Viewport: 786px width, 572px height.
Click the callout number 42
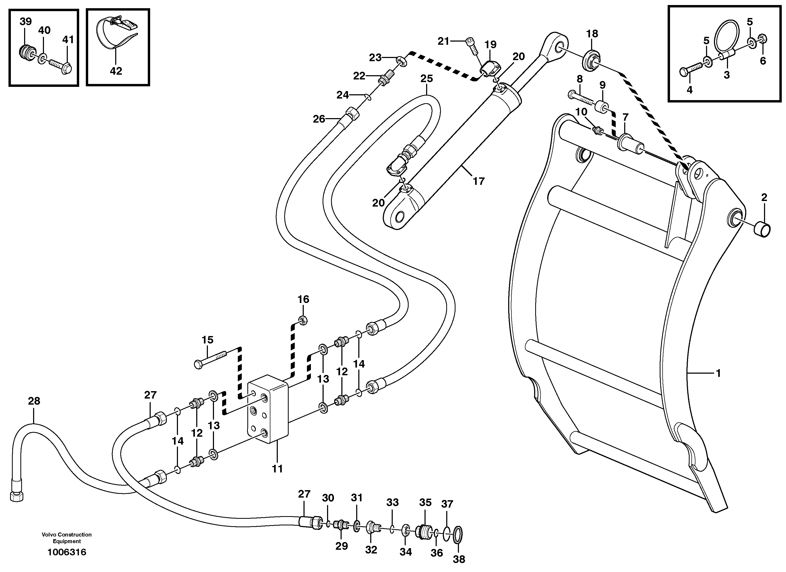(x=116, y=71)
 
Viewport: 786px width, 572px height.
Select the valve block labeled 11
(x=268, y=409)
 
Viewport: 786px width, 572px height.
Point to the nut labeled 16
(x=302, y=320)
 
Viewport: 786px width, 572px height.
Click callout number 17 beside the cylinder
(x=479, y=181)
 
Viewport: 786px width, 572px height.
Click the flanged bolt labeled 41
(x=61, y=65)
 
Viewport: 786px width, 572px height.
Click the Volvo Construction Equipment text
(x=67, y=538)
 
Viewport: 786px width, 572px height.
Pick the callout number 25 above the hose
(x=427, y=79)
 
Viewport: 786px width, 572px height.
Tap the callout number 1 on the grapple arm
(x=718, y=373)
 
